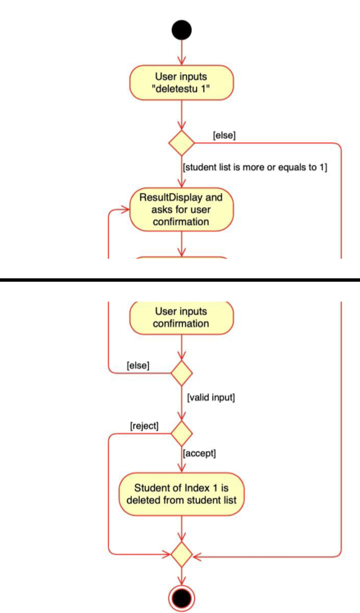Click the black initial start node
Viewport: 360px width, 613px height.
(181, 30)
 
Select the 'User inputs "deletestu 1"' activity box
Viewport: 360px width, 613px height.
(181, 83)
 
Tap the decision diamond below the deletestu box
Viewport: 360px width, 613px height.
(181, 143)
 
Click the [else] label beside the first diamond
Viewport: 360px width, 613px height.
(224, 136)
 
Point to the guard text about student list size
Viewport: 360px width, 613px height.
(255, 167)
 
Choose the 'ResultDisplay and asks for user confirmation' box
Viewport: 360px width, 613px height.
(181, 209)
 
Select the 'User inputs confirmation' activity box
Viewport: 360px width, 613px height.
(181, 318)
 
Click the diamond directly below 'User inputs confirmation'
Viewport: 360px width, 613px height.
(181, 373)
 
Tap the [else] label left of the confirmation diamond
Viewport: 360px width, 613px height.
(138, 365)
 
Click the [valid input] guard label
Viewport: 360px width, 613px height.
(211, 398)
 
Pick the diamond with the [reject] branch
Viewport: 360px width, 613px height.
(181, 434)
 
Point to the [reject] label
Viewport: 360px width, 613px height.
(144, 426)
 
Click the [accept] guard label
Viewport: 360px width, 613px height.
(199, 454)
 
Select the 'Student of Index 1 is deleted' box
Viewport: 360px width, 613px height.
(181, 494)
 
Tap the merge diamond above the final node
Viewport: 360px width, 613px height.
(181, 554)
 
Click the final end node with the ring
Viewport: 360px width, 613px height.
(181, 598)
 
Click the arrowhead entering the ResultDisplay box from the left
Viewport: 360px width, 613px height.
(125, 210)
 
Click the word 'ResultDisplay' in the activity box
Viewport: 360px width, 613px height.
(181, 197)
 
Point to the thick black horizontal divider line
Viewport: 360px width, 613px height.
(180, 280)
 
